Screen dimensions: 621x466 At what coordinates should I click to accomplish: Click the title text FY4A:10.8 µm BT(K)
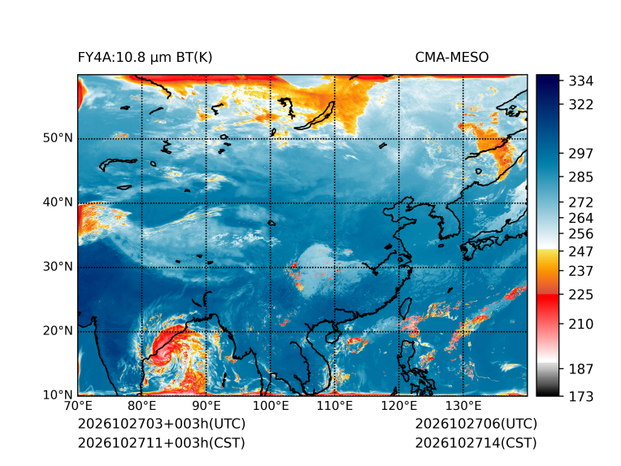click(x=145, y=58)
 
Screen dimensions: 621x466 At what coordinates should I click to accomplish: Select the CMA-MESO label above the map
click(x=452, y=58)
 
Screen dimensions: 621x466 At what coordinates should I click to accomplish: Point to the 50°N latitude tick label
click(x=58, y=138)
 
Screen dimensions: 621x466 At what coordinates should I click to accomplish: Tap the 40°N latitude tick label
click(x=58, y=202)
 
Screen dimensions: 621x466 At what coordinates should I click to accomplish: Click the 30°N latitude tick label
click(x=58, y=266)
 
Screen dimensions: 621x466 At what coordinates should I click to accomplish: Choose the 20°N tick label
click(x=58, y=330)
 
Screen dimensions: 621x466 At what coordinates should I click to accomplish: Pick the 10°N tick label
click(x=58, y=394)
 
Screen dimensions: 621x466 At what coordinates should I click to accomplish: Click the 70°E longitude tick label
click(x=78, y=406)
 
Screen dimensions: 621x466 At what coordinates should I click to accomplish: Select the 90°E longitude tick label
click(x=206, y=406)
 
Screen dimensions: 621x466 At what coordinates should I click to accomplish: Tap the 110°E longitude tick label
click(x=335, y=406)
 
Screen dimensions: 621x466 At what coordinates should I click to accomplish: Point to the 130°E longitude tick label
click(x=463, y=406)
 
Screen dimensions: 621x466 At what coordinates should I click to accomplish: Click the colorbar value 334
click(x=581, y=81)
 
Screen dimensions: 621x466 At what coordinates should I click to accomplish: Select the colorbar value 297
click(x=581, y=154)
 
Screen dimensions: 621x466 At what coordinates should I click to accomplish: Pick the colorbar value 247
click(x=581, y=251)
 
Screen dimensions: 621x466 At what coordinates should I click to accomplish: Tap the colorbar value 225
click(x=581, y=295)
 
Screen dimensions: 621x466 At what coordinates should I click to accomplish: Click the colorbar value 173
click(x=581, y=396)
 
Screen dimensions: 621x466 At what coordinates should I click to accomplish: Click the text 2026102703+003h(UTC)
click(x=162, y=424)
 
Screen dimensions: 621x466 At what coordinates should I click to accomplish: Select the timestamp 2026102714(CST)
click(x=476, y=443)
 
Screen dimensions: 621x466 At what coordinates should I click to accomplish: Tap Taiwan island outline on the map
click(x=406, y=309)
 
